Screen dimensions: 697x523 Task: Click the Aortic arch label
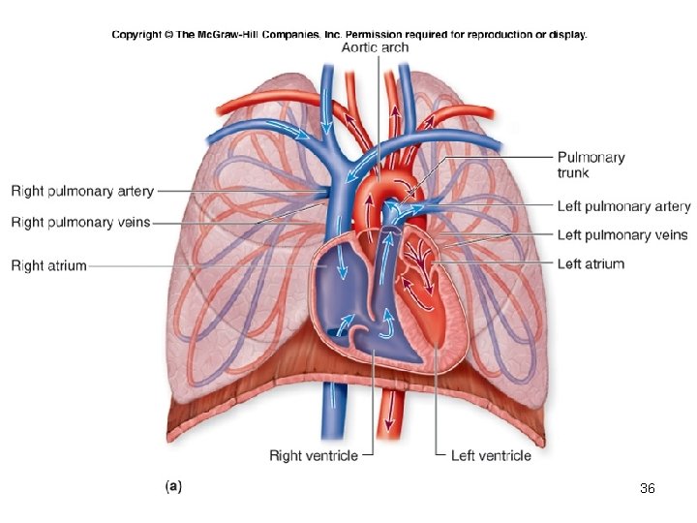click(376, 47)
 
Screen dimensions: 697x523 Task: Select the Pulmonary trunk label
click(591, 165)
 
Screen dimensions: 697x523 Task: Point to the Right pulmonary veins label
click(80, 223)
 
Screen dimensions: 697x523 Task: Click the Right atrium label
click(48, 264)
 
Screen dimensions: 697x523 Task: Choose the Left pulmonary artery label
click(623, 206)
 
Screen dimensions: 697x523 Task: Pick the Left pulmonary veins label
click(622, 234)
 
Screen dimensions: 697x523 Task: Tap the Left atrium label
click(591, 263)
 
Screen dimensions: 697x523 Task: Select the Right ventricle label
click(313, 455)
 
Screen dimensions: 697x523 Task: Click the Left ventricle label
click(491, 455)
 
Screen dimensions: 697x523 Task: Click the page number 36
click(648, 489)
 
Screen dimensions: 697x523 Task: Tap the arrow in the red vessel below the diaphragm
click(390, 412)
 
